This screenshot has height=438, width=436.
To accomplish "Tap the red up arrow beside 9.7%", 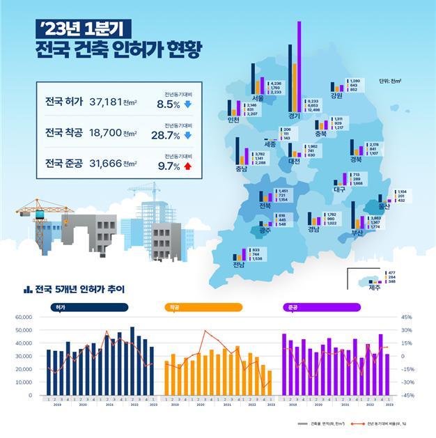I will tap(187, 166).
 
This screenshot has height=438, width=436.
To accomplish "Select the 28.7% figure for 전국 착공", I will tap(166, 136).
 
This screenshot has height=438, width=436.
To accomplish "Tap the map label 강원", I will tap(337, 96).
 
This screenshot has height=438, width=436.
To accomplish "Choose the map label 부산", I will tap(357, 233).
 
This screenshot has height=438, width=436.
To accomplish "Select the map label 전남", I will tap(239, 265).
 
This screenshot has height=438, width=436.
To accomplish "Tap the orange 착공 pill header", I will tap(203, 306).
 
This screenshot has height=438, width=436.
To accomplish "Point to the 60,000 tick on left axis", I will tap(24, 317).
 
